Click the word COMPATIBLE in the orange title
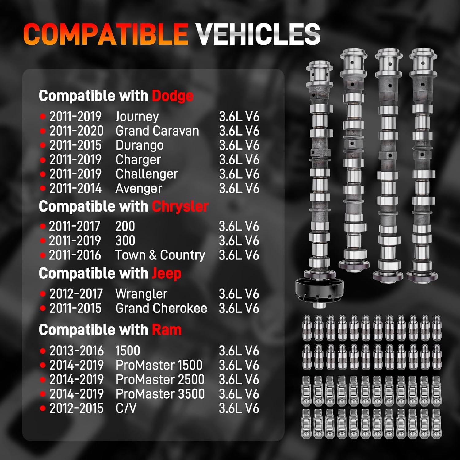[x=105, y=34]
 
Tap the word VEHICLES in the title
[x=258, y=34]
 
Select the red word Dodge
[x=173, y=96]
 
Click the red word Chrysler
[x=180, y=207]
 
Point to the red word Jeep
[x=167, y=274]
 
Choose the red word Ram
[x=167, y=330]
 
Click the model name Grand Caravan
[x=157, y=131]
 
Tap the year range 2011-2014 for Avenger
[x=75, y=188]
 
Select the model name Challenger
[x=147, y=174]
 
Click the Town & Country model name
[x=160, y=255]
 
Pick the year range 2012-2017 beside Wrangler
[x=76, y=294]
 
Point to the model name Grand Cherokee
[x=161, y=308]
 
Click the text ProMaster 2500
[x=160, y=380]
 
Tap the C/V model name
[x=126, y=408]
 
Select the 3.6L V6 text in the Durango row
[x=239, y=145]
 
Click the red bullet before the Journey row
[x=43, y=117]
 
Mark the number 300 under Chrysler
[x=125, y=241]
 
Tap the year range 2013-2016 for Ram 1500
[x=76, y=351]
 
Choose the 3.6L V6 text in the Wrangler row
[x=239, y=294]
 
